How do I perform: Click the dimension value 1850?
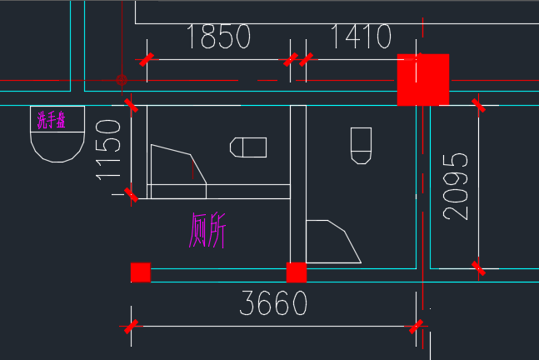pyautogui.click(x=218, y=37)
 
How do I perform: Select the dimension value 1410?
pyautogui.click(x=361, y=37)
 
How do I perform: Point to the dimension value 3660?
pyautogui.click(x=273, y=303)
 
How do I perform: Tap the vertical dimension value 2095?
pyautogui.click(x=456, y=187)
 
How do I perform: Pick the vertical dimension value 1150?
pyautogui.click(x=108, y=150)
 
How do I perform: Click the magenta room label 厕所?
pyautogui.click(x=207, y=230)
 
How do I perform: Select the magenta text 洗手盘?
pyautogui.click(x=51, y=120)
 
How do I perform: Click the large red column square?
pyautogui.click(x=423, y=80)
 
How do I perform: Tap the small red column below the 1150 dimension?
pyautogui.click(x=141, y=272)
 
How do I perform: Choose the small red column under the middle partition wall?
pyautogui.click(x=297, y=272)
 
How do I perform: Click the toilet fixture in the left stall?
pyautogui.click(x=248, y=147)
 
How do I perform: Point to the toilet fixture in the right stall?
pyautogui.click(x=361, y=146)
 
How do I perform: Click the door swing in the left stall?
pyautogui.click(x=179, y=172)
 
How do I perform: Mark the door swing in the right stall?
pyautogui.click(x=333, y=242)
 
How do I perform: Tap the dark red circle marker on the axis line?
pyautogui.click(x=122, y=80)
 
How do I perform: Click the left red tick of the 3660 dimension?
pyautogui.click(x=131, y=327)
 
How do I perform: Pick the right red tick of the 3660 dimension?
pyautogui.click(x=416, y=327)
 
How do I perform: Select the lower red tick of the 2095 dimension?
pyautogui.click(x=478, y=268)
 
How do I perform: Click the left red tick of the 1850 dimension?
pyautogui.click(x=147, y=59)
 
